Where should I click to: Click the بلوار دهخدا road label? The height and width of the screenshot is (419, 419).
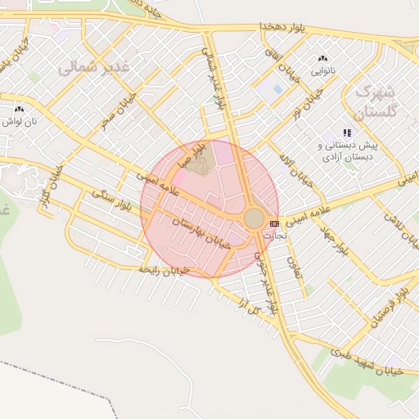282,28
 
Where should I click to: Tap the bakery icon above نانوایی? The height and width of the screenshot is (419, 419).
322,59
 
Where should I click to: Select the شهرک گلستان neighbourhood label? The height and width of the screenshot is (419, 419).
377,101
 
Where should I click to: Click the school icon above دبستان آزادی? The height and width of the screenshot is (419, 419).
347,132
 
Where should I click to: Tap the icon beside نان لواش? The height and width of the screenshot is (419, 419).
20,108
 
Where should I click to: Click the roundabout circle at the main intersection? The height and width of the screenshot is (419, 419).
255,219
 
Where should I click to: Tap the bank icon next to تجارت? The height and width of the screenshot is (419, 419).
274,223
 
